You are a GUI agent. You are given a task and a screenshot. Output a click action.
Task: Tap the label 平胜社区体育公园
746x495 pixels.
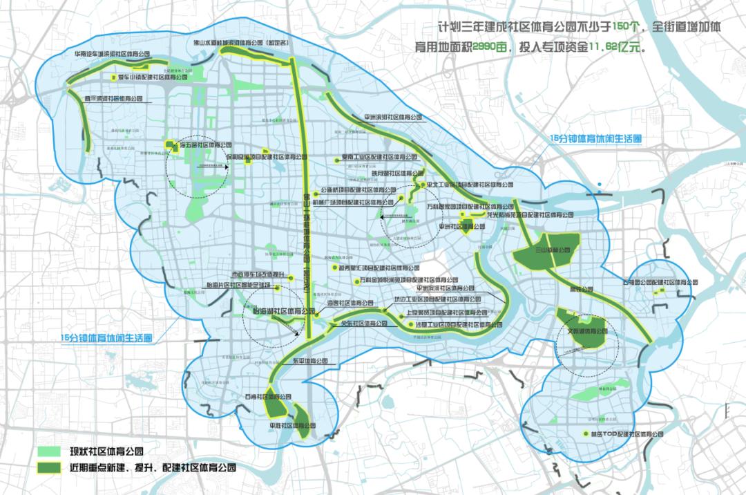coord(297,426)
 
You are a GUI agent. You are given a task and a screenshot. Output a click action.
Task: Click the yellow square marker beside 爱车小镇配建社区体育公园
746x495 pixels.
coord(113,77)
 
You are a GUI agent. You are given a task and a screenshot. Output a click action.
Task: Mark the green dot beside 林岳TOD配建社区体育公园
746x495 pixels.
coord(586,434)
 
